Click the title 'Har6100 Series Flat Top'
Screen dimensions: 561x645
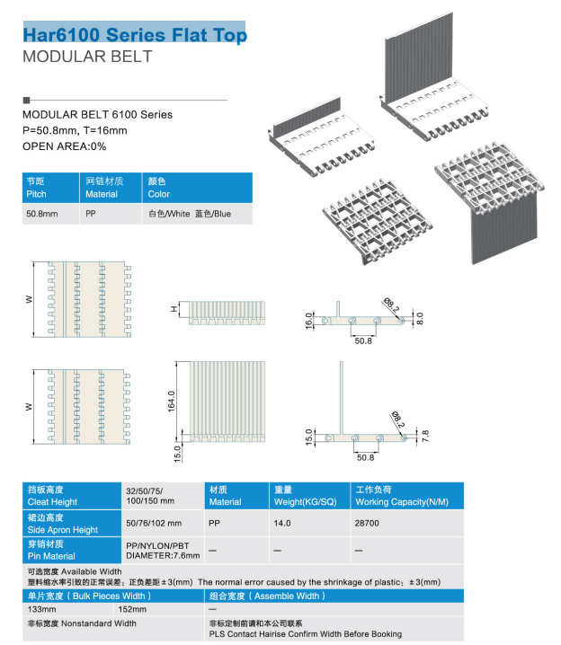pos(135,34)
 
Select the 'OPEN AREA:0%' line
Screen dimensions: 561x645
pos(64,146)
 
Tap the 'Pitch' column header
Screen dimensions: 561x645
pos(50,188)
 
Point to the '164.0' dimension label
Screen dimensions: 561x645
pos(172,401)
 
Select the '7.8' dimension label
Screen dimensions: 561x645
pos(425,436)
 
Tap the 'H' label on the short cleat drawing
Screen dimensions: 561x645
pos(174,308)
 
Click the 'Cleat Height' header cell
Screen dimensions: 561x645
pos(72,496)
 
